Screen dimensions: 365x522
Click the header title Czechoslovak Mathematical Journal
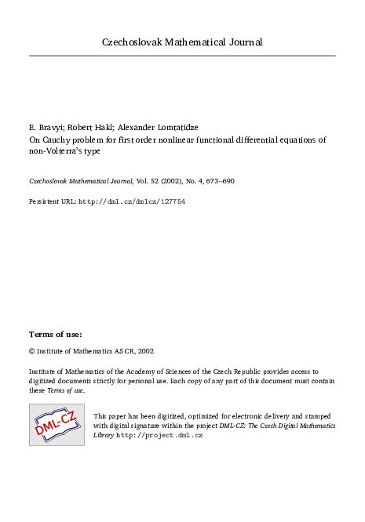click(182, 42)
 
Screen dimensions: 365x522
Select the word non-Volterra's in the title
click(60, 152)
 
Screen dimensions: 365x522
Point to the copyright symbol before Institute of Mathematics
click(31, 353)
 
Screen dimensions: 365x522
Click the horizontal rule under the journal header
click(182, 56)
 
